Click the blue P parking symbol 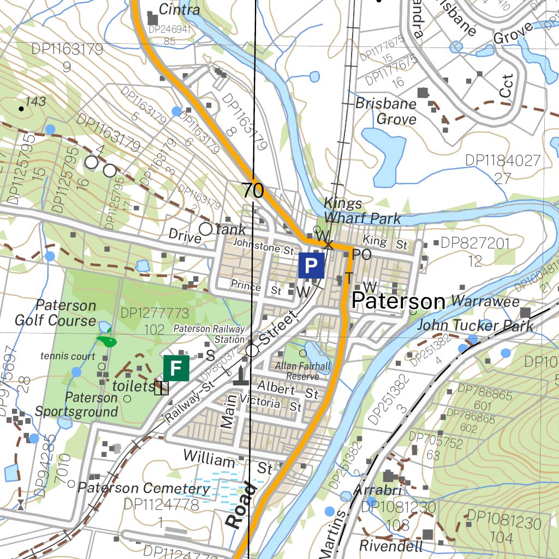tap(311, 266)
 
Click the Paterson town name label tap(398, 301)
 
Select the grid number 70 tap(253, 191)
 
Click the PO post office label tap(361, 254)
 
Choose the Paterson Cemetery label tap(144, 487)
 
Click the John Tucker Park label tap(475, 326)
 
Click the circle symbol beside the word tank tap(206, 229)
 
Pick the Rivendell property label tap(391, 545)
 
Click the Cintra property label tap(180, 9)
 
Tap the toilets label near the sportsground tap(133, 386)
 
